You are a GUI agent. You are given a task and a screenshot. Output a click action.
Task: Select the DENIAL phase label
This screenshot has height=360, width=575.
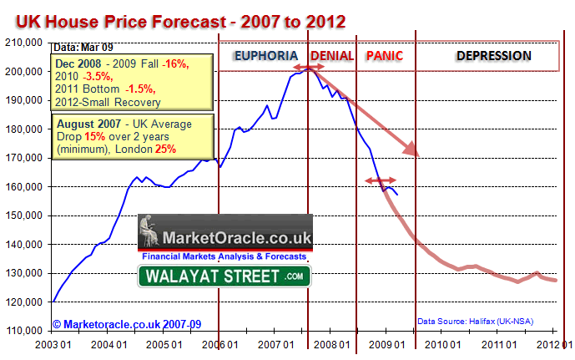[x=330, y=56]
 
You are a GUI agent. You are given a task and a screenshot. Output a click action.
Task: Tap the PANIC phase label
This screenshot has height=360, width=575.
[x=383, y=56]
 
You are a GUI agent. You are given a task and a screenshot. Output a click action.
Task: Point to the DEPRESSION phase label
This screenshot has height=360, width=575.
[x=493, y=56]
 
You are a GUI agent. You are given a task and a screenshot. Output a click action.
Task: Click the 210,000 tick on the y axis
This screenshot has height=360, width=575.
[x=25, y=43]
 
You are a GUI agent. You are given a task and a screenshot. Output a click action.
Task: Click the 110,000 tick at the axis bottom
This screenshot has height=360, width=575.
[x=25, y=330]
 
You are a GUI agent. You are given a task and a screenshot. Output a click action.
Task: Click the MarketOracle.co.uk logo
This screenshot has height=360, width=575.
[x=225, y=238]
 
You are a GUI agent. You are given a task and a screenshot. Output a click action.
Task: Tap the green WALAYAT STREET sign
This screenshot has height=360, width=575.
[x=223, y=276]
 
